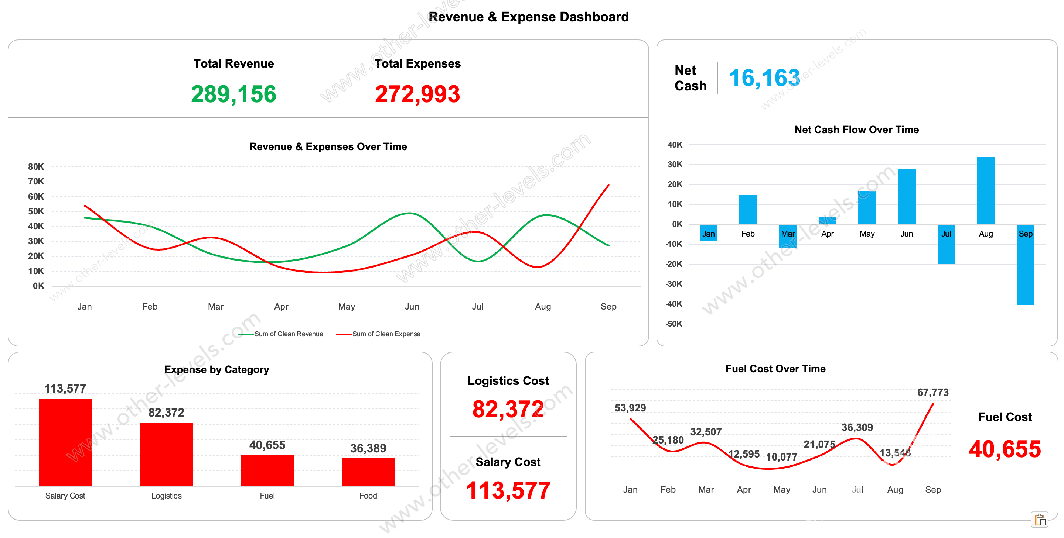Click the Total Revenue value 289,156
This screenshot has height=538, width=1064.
pyautogui.click(x=233, y=94)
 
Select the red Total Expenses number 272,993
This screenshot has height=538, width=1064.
pyautogui.click(x=417, y=94)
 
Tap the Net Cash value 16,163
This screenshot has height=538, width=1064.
pyautogui.click(x=764, y=78)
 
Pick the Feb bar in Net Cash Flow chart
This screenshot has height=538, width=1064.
pyautogui.click(x=748, y=210)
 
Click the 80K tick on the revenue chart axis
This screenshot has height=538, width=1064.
pyautogui.click(x=36, y=167)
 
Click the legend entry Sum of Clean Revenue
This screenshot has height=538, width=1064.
pyautogui.click(x=288, y=334)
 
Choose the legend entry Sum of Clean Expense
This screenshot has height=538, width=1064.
pyautogui.click(x=386, y=334)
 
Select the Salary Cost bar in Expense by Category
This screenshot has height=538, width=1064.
pyautogui.click(x=65, y=442)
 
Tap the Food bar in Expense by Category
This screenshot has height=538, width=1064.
pyautogui.click(x=368, y=472)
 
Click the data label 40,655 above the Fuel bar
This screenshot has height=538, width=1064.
pyautogui.click(x=267, y=445)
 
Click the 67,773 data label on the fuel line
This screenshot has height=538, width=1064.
pyautogui.click(x=932, y=392)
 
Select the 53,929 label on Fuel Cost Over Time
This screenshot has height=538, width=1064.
pyautogui.click(x=630, y=408)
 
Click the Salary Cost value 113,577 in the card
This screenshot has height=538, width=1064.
pyautogui.click(x=508, y=490)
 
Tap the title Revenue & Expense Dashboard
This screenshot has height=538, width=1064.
pyautogui.click(x=528, y=17)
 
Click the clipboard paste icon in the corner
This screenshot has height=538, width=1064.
pyautogui.click(x=1040, y=520)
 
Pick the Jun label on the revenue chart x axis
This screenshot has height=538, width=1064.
pyautogui.click(x=412, y=307)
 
